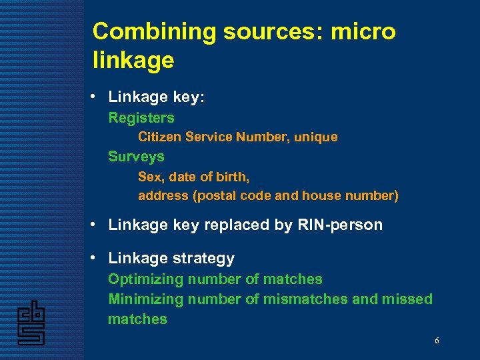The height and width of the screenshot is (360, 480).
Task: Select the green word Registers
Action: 141,118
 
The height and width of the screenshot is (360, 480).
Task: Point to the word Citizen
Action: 160,137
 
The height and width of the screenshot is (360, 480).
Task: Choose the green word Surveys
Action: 136,157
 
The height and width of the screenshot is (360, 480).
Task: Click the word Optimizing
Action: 145,279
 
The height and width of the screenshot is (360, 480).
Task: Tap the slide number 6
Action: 437,341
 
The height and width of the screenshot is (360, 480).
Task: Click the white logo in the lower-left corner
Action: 31,323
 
